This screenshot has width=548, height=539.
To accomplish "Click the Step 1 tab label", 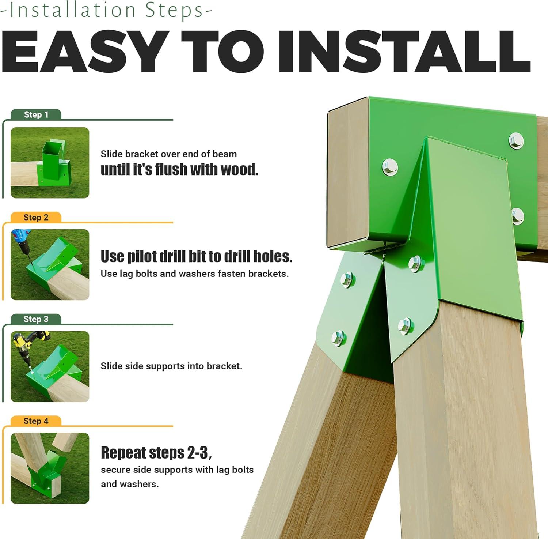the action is (x=36, y=115).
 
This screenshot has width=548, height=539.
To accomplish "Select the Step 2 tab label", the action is (x=36, y=218).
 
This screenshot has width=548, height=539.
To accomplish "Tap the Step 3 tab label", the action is (x=36, y=319).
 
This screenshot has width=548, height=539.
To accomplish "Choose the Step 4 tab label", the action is (x=36, y=421).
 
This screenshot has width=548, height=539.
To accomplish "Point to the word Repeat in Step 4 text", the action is (x=123, y=453).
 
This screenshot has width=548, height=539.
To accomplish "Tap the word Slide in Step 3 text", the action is (x=112, y=366).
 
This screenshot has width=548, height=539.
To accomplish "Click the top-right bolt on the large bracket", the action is (x=516, y=141).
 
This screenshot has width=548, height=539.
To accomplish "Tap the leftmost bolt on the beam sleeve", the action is (x=390, y=167).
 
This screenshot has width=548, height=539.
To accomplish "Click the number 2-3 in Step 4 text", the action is (x=198, y=453).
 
